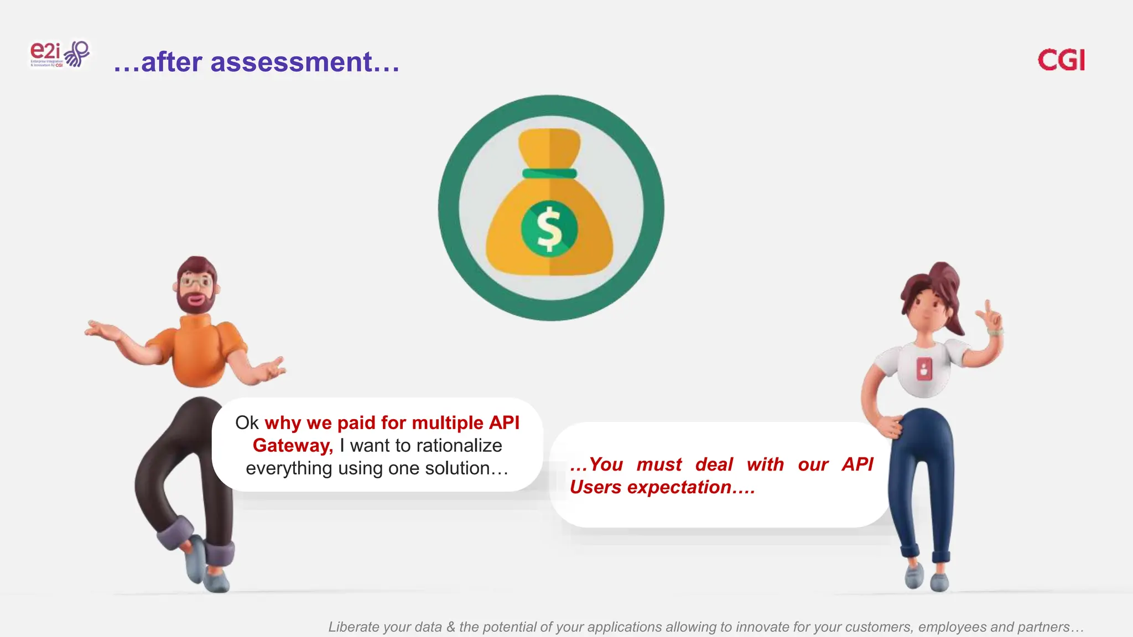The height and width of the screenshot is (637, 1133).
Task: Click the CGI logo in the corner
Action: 1061,60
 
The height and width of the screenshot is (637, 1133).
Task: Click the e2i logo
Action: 59,54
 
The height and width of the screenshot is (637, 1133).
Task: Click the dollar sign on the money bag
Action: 549,228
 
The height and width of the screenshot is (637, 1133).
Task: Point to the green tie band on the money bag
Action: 549,174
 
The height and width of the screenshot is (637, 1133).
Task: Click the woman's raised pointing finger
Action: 988,307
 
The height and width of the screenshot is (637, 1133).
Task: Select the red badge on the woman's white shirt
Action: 924,368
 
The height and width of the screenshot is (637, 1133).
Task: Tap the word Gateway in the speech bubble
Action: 292,446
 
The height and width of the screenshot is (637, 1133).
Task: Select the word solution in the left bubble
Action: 457,468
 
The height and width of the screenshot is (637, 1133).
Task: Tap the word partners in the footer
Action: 1043,627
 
